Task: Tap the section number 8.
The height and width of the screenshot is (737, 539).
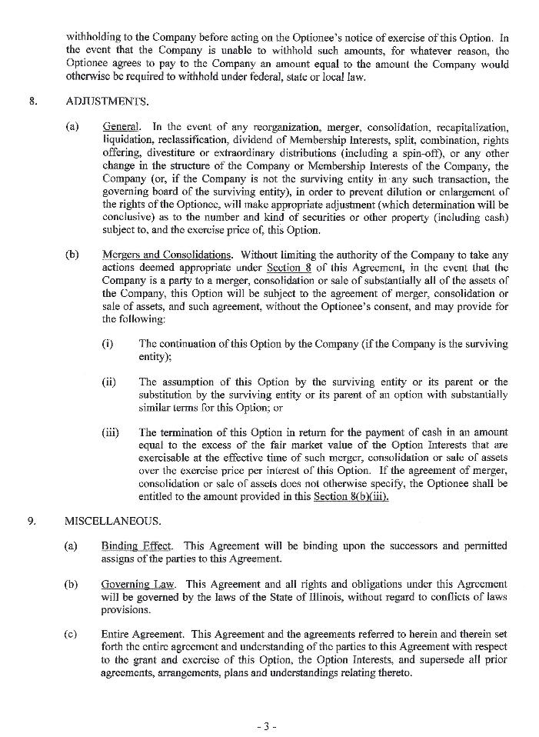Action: coord(32,101)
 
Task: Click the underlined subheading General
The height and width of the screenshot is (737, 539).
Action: coord(121,126)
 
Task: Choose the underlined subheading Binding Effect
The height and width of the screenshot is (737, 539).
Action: coord(135,546)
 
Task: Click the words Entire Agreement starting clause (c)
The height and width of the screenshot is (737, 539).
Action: coord(144,635)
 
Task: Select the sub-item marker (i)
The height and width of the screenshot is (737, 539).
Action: coord(108,345)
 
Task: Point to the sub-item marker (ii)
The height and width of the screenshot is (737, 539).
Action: coord(109,382)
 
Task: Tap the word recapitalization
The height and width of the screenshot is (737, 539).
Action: coord(469,126)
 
